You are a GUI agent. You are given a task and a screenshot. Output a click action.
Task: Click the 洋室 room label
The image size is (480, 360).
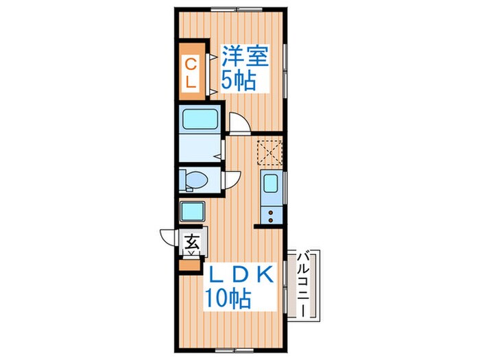245,56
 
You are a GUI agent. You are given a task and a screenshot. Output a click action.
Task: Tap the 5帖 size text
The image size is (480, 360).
239,80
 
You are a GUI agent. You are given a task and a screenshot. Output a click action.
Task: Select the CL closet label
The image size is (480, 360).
191,73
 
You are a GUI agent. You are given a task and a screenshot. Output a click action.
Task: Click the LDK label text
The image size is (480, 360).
241,274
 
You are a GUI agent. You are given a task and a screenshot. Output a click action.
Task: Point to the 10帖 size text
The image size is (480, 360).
228,298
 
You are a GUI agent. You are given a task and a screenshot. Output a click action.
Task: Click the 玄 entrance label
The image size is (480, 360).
192,242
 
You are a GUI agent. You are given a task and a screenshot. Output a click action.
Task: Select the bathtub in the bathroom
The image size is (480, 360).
200,119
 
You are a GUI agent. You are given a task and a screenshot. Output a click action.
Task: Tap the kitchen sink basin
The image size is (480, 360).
271,183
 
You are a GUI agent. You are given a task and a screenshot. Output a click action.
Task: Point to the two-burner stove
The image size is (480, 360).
272,216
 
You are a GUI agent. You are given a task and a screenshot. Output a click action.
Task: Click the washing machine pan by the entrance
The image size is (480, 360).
192,211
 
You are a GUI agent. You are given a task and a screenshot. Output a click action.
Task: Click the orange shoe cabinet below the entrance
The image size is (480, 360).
190,265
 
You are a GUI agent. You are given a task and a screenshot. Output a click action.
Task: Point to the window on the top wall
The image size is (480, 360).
237,10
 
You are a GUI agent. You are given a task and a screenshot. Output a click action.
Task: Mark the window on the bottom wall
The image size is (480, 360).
235,350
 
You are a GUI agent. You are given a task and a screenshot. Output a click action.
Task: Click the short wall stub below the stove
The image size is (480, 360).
269,226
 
